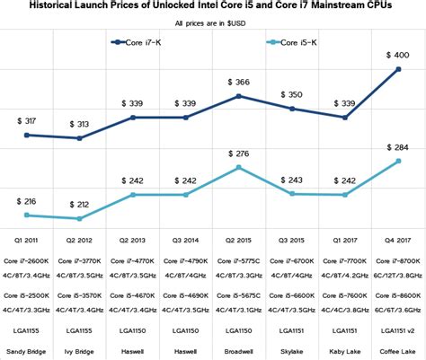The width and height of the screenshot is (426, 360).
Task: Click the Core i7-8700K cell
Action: [396, 261]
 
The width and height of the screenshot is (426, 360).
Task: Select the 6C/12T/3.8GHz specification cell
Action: [396, 277]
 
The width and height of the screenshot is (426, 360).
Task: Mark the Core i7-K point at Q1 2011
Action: [26, 135]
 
